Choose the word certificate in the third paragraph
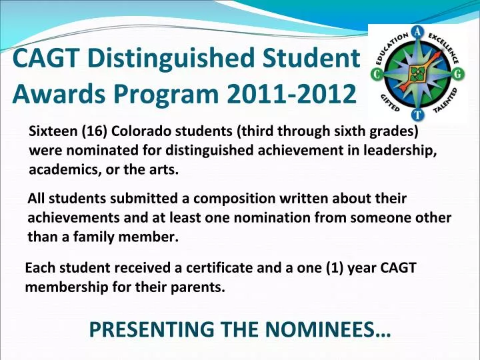[x=226, y=268]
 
